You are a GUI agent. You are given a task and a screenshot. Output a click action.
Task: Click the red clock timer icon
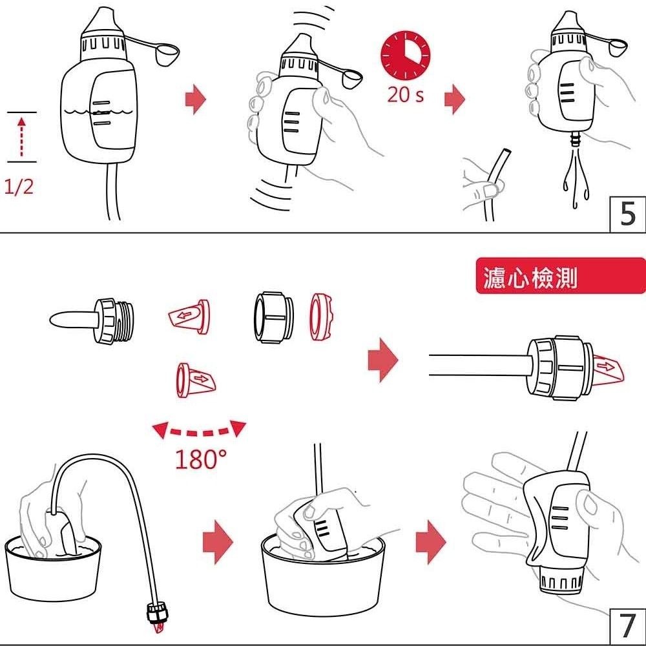(x=406, y=54)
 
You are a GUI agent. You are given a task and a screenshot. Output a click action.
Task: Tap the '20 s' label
(x=405, y=95)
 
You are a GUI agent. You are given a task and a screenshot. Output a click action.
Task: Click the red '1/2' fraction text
(x=19, y=187)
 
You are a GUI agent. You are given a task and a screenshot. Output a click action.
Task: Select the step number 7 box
(x=627, y=626)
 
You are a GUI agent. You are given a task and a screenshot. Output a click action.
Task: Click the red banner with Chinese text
(x=561, y=276)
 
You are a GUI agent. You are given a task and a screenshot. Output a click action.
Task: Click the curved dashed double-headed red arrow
(x=200, y=431)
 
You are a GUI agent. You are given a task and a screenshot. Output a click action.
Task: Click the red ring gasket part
(x=321, y=317)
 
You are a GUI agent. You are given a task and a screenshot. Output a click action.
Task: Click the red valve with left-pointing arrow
(x=189, y=317)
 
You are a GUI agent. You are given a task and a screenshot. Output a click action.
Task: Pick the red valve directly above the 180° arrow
(x=196, y=380)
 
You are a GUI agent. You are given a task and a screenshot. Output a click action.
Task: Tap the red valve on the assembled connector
(x=608, y=367)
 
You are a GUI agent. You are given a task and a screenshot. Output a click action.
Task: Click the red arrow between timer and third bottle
(x=454, y=99)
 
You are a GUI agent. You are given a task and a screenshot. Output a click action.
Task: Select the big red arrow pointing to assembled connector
(x=382, y=360)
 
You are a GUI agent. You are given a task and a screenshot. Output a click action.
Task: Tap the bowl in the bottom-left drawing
(x=53, y=568)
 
